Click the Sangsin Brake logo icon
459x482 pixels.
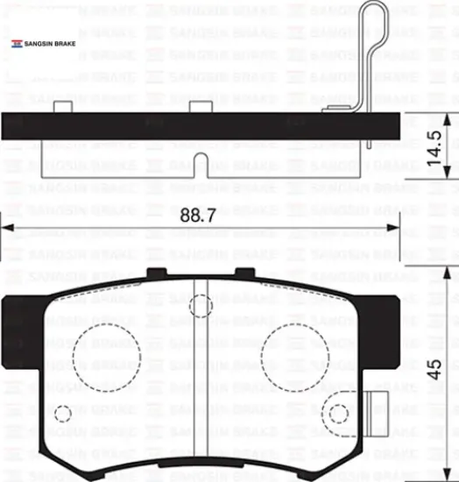pos(17,44)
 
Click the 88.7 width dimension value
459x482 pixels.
pos(198,216)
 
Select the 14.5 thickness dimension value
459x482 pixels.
pos(434,148)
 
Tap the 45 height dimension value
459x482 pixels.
pos(434,370)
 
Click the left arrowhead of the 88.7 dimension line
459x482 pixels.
pos(7,228)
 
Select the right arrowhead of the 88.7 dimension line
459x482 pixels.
pos(393,228)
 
